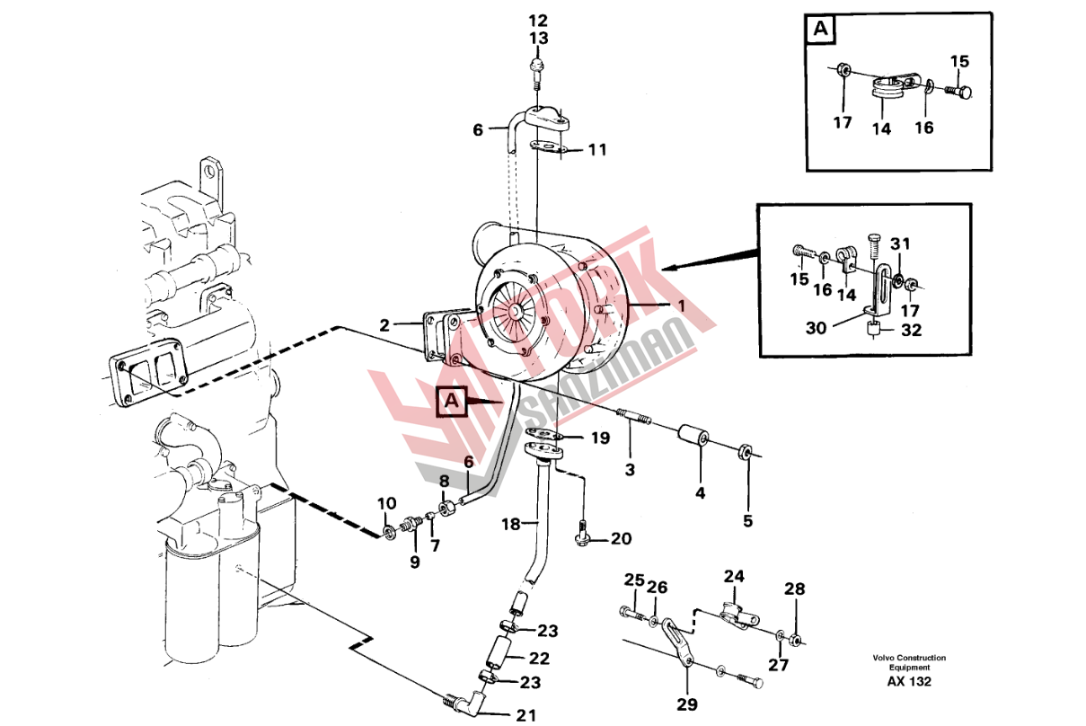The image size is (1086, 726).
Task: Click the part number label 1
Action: click(x=682, y=305)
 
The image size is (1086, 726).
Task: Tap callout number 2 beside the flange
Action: click(x=384, y=325)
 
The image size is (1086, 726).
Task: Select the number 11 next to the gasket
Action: click(x=597, y=150)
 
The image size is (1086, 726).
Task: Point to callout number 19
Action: click(x=600, y=438)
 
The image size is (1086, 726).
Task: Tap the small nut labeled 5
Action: click(x=746, y=449)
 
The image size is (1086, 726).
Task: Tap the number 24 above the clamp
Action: click(x=734, y=576)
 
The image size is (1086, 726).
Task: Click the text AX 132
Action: click(x=908, y=682)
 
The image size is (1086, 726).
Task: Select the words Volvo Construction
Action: click(x=908, y=659)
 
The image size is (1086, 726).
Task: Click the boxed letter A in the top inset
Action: click(x=821, y=30)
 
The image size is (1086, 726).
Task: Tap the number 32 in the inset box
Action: click(x=911, y=330)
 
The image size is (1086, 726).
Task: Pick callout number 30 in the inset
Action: click(x=816, y=329)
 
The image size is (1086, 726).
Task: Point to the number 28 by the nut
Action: click(x=794, y=589)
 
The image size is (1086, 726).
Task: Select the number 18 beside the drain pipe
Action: click(x=510, y=523)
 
